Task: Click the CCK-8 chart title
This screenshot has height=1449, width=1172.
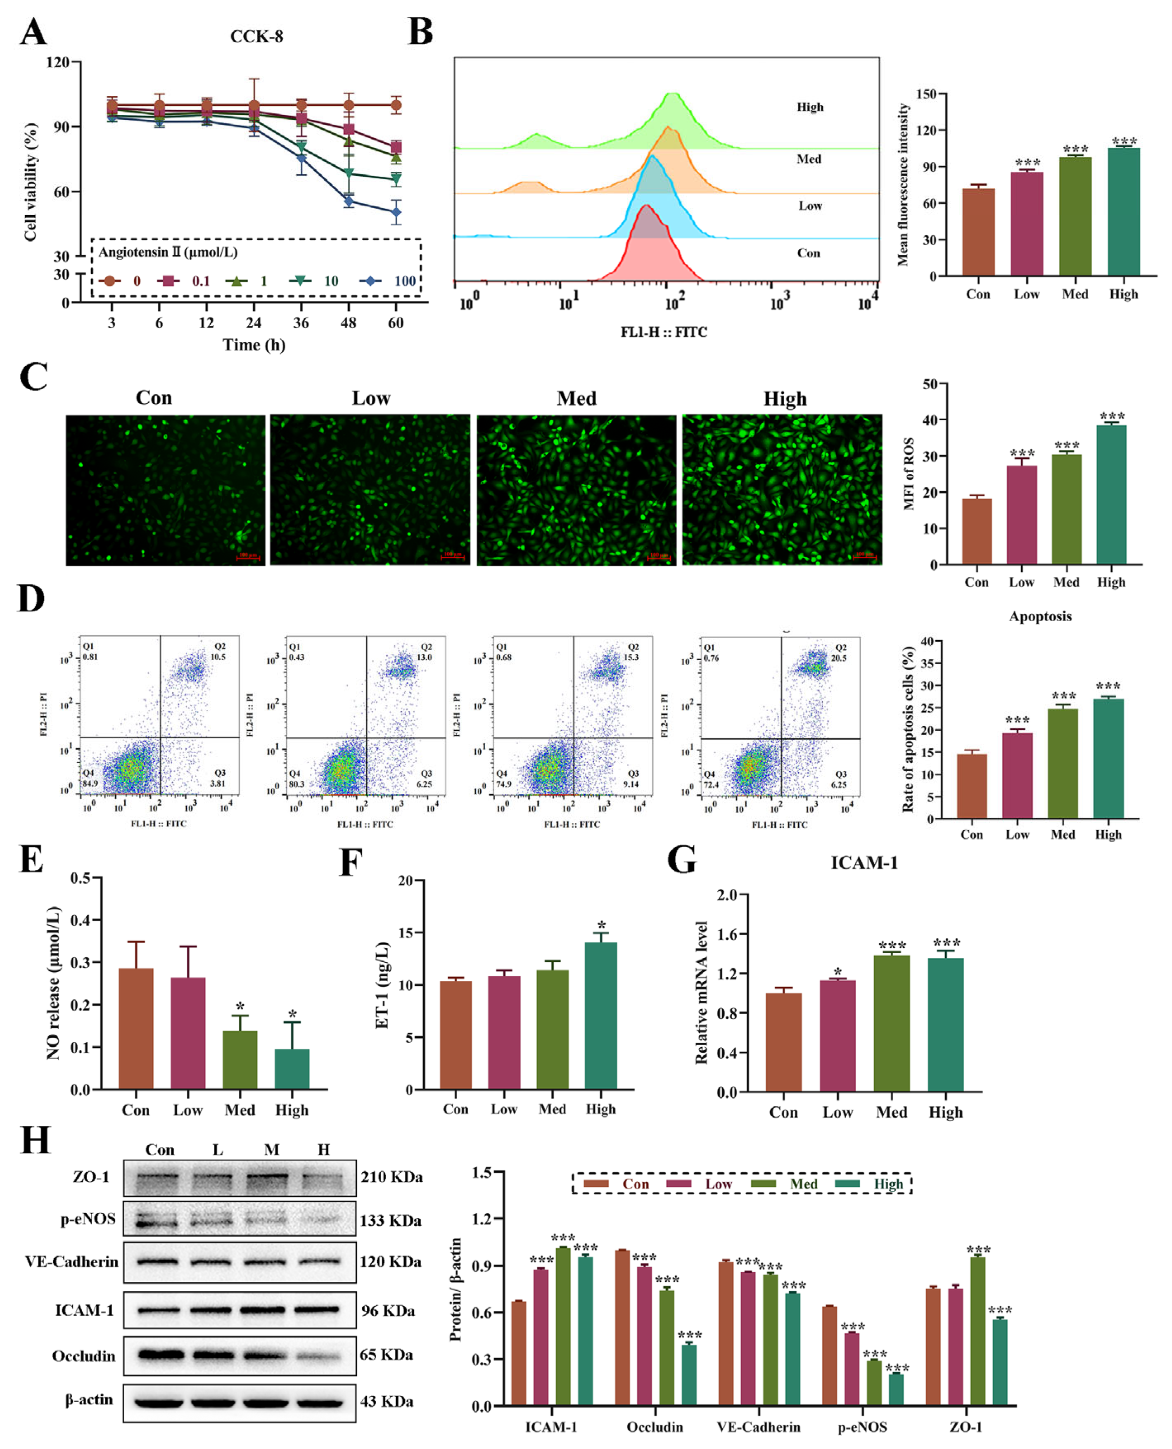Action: click(256, 36)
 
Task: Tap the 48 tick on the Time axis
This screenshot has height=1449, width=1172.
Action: click(349, 323)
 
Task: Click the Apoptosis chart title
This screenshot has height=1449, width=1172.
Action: click(1040, 616)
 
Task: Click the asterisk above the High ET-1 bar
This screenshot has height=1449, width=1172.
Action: click(601, 925)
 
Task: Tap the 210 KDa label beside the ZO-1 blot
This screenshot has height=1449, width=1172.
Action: click(391, 1177)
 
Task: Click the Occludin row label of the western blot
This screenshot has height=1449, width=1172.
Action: click(84, 1357)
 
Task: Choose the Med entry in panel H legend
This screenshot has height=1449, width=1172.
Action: click(803, 1184)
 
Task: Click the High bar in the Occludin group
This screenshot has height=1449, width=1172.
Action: click(688, 1375)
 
